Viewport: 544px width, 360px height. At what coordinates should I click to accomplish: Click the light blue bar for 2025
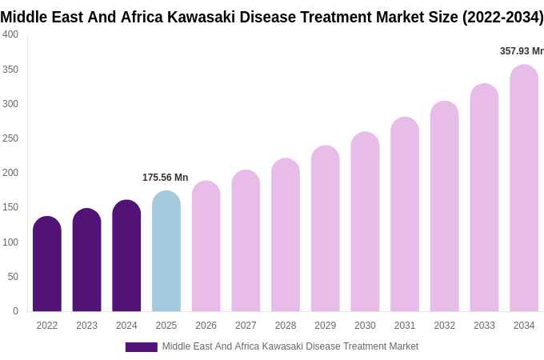[166, 252]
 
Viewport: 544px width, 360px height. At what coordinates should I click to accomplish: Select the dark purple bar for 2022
[47, 264]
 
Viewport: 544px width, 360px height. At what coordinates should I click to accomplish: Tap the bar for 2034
[524, 189]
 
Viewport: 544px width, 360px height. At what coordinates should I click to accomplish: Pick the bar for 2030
[365, 222]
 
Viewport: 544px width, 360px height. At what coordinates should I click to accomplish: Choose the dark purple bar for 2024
[126, 256]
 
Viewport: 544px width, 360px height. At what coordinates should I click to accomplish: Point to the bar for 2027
[246, 241]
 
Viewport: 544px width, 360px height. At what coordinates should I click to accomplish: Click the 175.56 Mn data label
[165, 178]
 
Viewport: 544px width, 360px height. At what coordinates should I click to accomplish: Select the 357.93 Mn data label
[522, 51]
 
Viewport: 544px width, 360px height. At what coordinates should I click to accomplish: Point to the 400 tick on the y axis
[10, 34]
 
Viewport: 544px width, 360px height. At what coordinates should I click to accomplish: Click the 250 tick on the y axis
[10, 138]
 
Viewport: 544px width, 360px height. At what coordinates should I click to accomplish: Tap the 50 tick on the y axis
[13, 277]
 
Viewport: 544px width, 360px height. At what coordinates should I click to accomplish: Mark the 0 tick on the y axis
[15, 311]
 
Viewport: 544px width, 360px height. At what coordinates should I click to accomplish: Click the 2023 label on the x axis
[86, 326]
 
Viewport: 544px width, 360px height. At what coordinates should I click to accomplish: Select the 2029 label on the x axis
[325, 326]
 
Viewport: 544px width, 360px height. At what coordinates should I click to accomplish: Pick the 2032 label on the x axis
[444, 326]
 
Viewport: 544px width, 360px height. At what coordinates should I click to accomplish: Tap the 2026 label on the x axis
[206, 326]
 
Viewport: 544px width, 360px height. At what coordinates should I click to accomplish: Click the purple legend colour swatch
[141, 347]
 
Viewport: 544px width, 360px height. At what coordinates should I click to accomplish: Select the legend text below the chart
[290, 346]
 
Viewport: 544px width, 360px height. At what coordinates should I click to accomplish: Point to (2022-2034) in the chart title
[502, 17]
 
